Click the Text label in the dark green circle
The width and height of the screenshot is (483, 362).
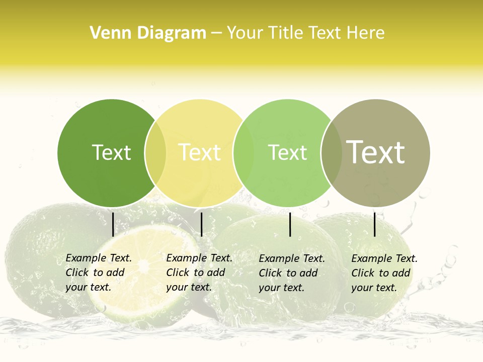pos(111,153)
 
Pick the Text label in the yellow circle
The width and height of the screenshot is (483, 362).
pos(199,153)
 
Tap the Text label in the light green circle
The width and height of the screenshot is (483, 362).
pos(287,153)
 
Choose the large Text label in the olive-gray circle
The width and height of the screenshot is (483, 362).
pos(376,152)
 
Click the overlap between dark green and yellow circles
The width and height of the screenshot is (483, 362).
pos(155,153)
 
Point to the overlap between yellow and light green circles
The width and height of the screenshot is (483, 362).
pos(244,153)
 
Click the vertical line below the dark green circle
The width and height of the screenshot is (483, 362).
pos(113,224)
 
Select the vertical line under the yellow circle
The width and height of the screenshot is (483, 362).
pos(201,224)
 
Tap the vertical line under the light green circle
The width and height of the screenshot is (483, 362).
pos(290,224)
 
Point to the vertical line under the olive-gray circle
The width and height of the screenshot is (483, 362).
pos(374,224)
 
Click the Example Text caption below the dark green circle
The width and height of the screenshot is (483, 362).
pos(98,273)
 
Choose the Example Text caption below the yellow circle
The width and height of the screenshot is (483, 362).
pos(199,273)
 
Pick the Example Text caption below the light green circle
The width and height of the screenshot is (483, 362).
pos(291,273)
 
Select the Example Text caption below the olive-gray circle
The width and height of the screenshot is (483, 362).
pos(384,273)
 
